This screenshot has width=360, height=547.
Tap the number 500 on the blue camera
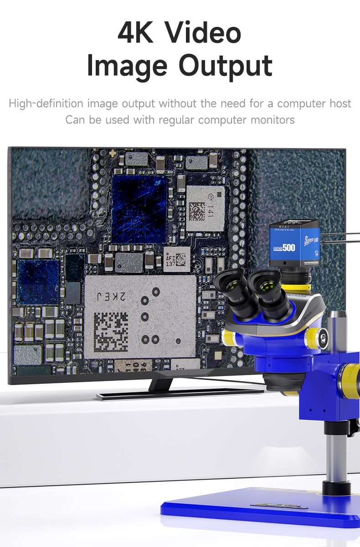tap(288, 248)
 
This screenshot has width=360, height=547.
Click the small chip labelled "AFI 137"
tap(177, 259)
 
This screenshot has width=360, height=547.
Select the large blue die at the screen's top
tap(139, 201)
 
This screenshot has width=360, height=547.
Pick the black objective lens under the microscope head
tap(283, 382)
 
